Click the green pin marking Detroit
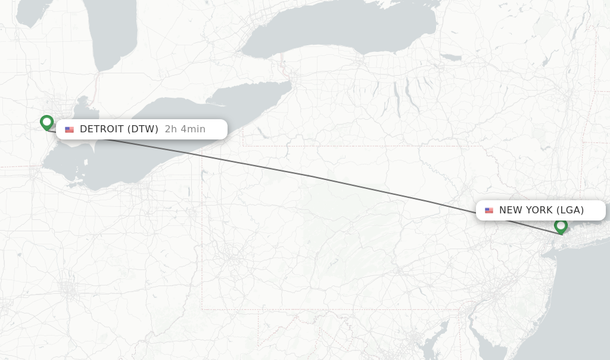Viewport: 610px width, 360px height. tap(46, 122)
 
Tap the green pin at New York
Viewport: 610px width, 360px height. tap(561, 226)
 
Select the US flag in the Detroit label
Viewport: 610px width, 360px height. tap(70, 129)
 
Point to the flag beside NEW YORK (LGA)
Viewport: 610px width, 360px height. tap(489, 210)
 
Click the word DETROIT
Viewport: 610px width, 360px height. tap(102, 129)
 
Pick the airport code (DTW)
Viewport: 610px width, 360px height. tap(143, 129)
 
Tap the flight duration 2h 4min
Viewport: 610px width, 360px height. tap(185, 129)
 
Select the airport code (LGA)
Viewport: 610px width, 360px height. tap(570, 210)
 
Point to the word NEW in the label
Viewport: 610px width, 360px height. tap(510, 210)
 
